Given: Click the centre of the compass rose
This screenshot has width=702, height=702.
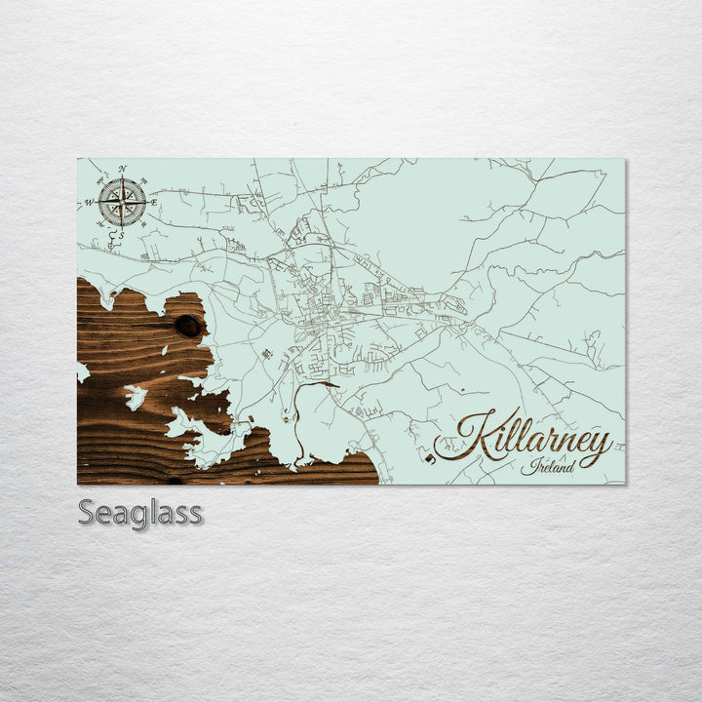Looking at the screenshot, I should [x=122, y=202].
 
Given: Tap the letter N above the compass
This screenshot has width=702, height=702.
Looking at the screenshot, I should [x=122, y=170].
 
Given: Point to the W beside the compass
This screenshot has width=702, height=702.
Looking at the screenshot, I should [x=89, y=203].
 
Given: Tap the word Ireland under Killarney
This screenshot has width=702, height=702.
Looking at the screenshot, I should [x=546, y=466].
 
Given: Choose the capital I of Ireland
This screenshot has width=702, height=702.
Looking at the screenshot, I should [x=526, y=466].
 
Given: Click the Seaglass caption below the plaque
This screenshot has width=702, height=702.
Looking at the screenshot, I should [x=139, y=512].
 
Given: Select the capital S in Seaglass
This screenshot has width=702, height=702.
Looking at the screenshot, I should [x=86, y=511].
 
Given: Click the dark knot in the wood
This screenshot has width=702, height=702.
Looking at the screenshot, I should [x=187, y=326].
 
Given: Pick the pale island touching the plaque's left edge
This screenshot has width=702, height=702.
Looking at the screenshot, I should [x=82, y=372].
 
